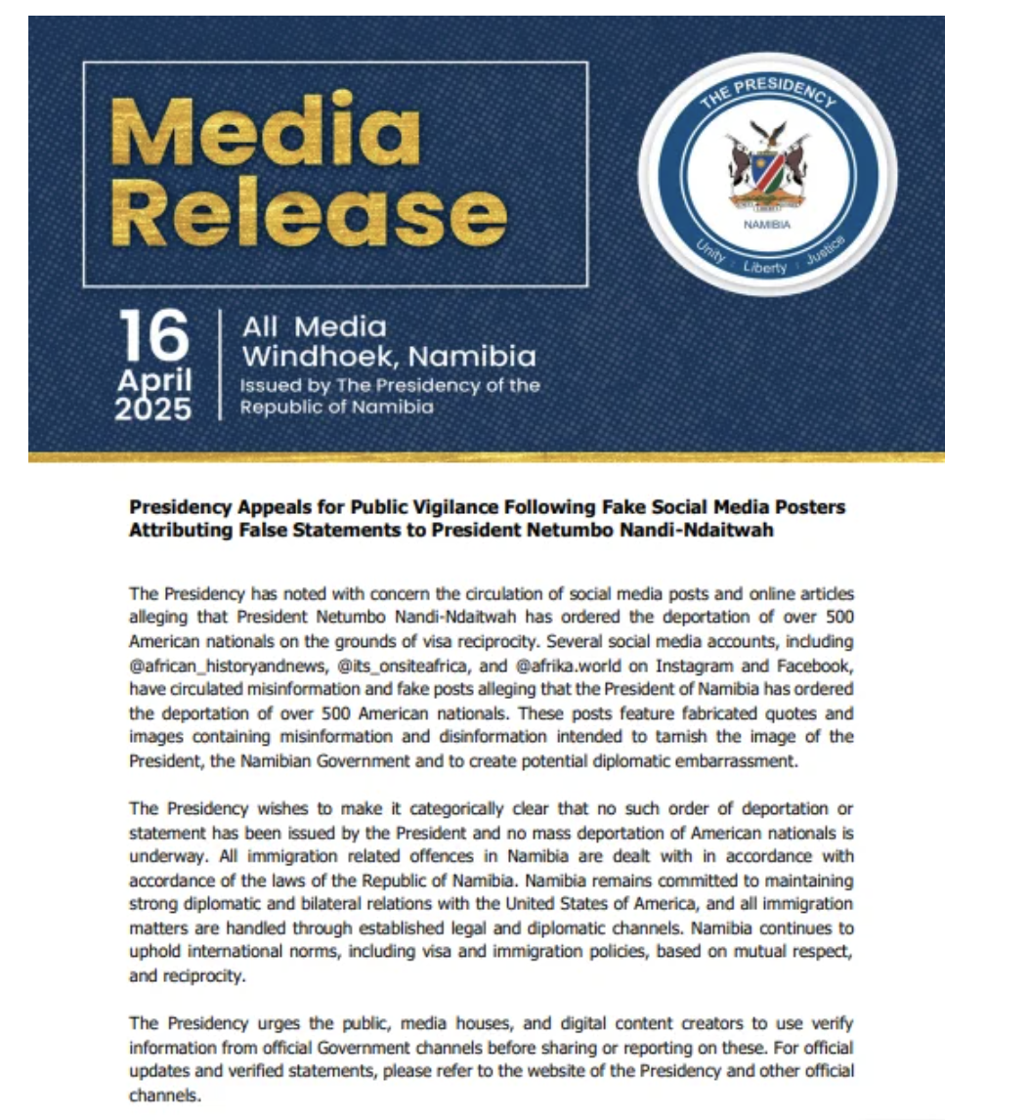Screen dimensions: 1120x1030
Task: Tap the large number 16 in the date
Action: [154, 338]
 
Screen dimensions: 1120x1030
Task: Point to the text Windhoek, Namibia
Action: [388, 356]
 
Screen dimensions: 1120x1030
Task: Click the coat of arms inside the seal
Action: [767, 166]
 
